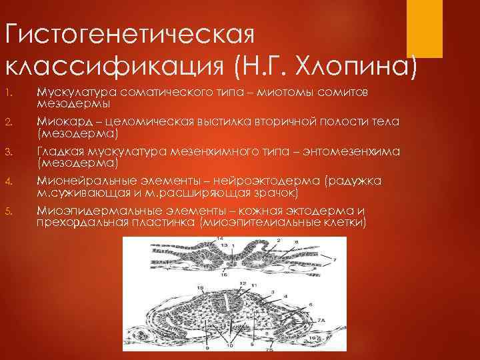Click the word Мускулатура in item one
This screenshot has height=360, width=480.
click(70, 91)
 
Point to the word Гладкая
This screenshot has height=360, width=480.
click(59, 152)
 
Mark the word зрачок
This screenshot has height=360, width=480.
click(278, 192)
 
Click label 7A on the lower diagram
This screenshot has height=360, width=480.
click(321, 320)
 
